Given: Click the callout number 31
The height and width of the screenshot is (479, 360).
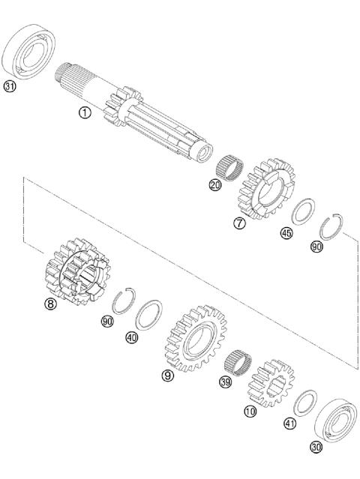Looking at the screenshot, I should click(10, 86).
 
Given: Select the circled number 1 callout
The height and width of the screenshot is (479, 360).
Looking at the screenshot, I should click(85, 112).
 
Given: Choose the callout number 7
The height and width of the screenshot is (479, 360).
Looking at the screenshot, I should click(238, 223).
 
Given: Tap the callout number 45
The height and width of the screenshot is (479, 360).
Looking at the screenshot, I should click(286, 233).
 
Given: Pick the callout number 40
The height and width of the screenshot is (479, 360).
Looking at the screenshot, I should click(132, 337).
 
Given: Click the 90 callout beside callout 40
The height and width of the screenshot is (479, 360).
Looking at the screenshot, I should click(106, 321).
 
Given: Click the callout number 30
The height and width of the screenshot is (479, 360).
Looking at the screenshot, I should click(316, 447).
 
